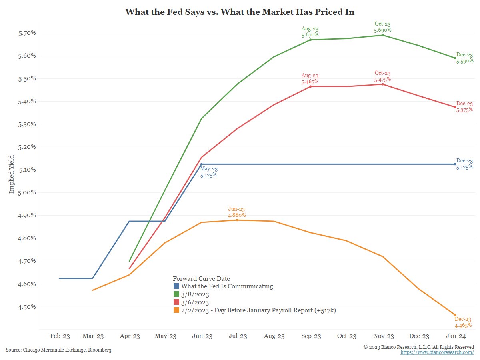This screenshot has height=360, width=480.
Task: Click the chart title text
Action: (240, 12)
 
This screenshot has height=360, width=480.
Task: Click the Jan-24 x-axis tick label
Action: (455, 336)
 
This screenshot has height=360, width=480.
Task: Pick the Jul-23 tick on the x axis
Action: (238, 336)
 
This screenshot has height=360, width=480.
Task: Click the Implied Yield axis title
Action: (12, 174)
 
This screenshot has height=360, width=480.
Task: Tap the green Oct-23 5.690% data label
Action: (382, 27)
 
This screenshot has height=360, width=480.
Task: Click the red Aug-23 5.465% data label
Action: (310, 78)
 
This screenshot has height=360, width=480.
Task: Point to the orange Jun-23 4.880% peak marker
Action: (237, 220)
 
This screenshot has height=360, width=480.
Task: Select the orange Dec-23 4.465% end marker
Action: (455, 315)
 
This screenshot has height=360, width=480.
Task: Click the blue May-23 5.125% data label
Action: (208, 172)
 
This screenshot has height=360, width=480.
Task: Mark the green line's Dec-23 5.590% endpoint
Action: (455, 58)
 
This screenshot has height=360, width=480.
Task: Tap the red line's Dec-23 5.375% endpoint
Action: (455, 107)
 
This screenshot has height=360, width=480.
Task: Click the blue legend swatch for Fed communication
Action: (176, 286)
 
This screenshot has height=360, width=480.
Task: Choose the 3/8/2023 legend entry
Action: (195, 294)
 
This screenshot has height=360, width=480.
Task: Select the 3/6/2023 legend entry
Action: (195, 302)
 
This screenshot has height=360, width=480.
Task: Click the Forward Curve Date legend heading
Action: (201, 278)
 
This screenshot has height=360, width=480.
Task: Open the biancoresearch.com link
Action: (437, 352)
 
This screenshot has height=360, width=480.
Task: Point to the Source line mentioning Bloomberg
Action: (58, 350)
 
